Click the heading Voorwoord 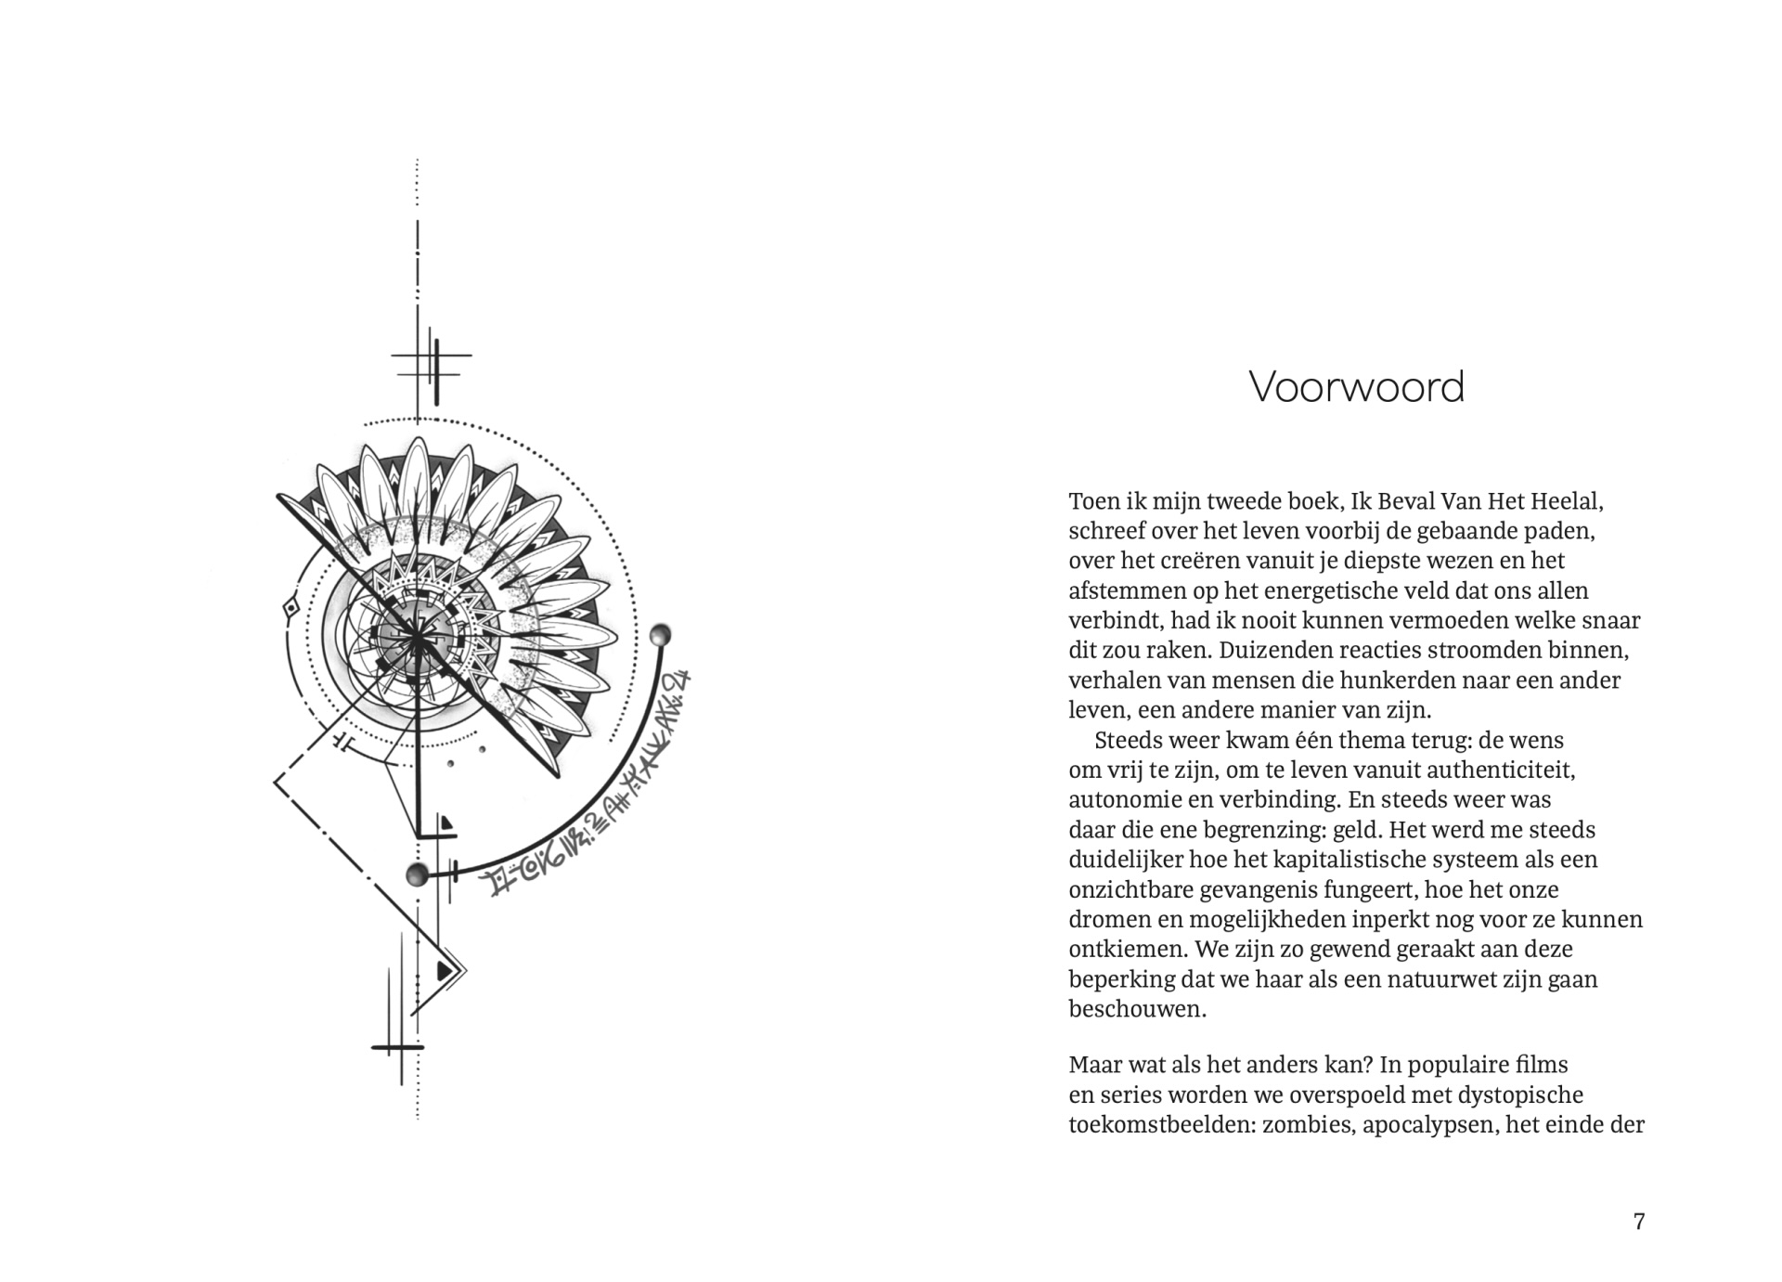pos(1356,387)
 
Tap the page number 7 pos(1639,1221)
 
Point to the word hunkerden pos(1390,680)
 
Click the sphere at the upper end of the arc pos(660,635)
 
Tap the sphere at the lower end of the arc pos(418,874)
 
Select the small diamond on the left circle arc pos(291,608)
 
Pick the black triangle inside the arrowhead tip pos(445,969)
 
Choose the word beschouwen pos(1137,1008)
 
